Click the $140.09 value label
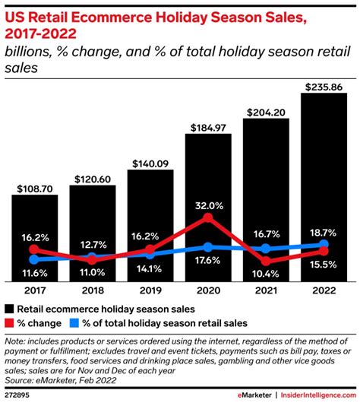point(150,162)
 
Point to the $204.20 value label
point(266,112)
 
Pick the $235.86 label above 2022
point(324,87)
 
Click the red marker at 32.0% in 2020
point(208,219)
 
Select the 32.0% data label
point(208,205)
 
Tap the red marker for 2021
point(266,262)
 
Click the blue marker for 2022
point(324,245)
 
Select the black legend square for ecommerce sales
point(10,309)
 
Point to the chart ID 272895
point(18,394)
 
